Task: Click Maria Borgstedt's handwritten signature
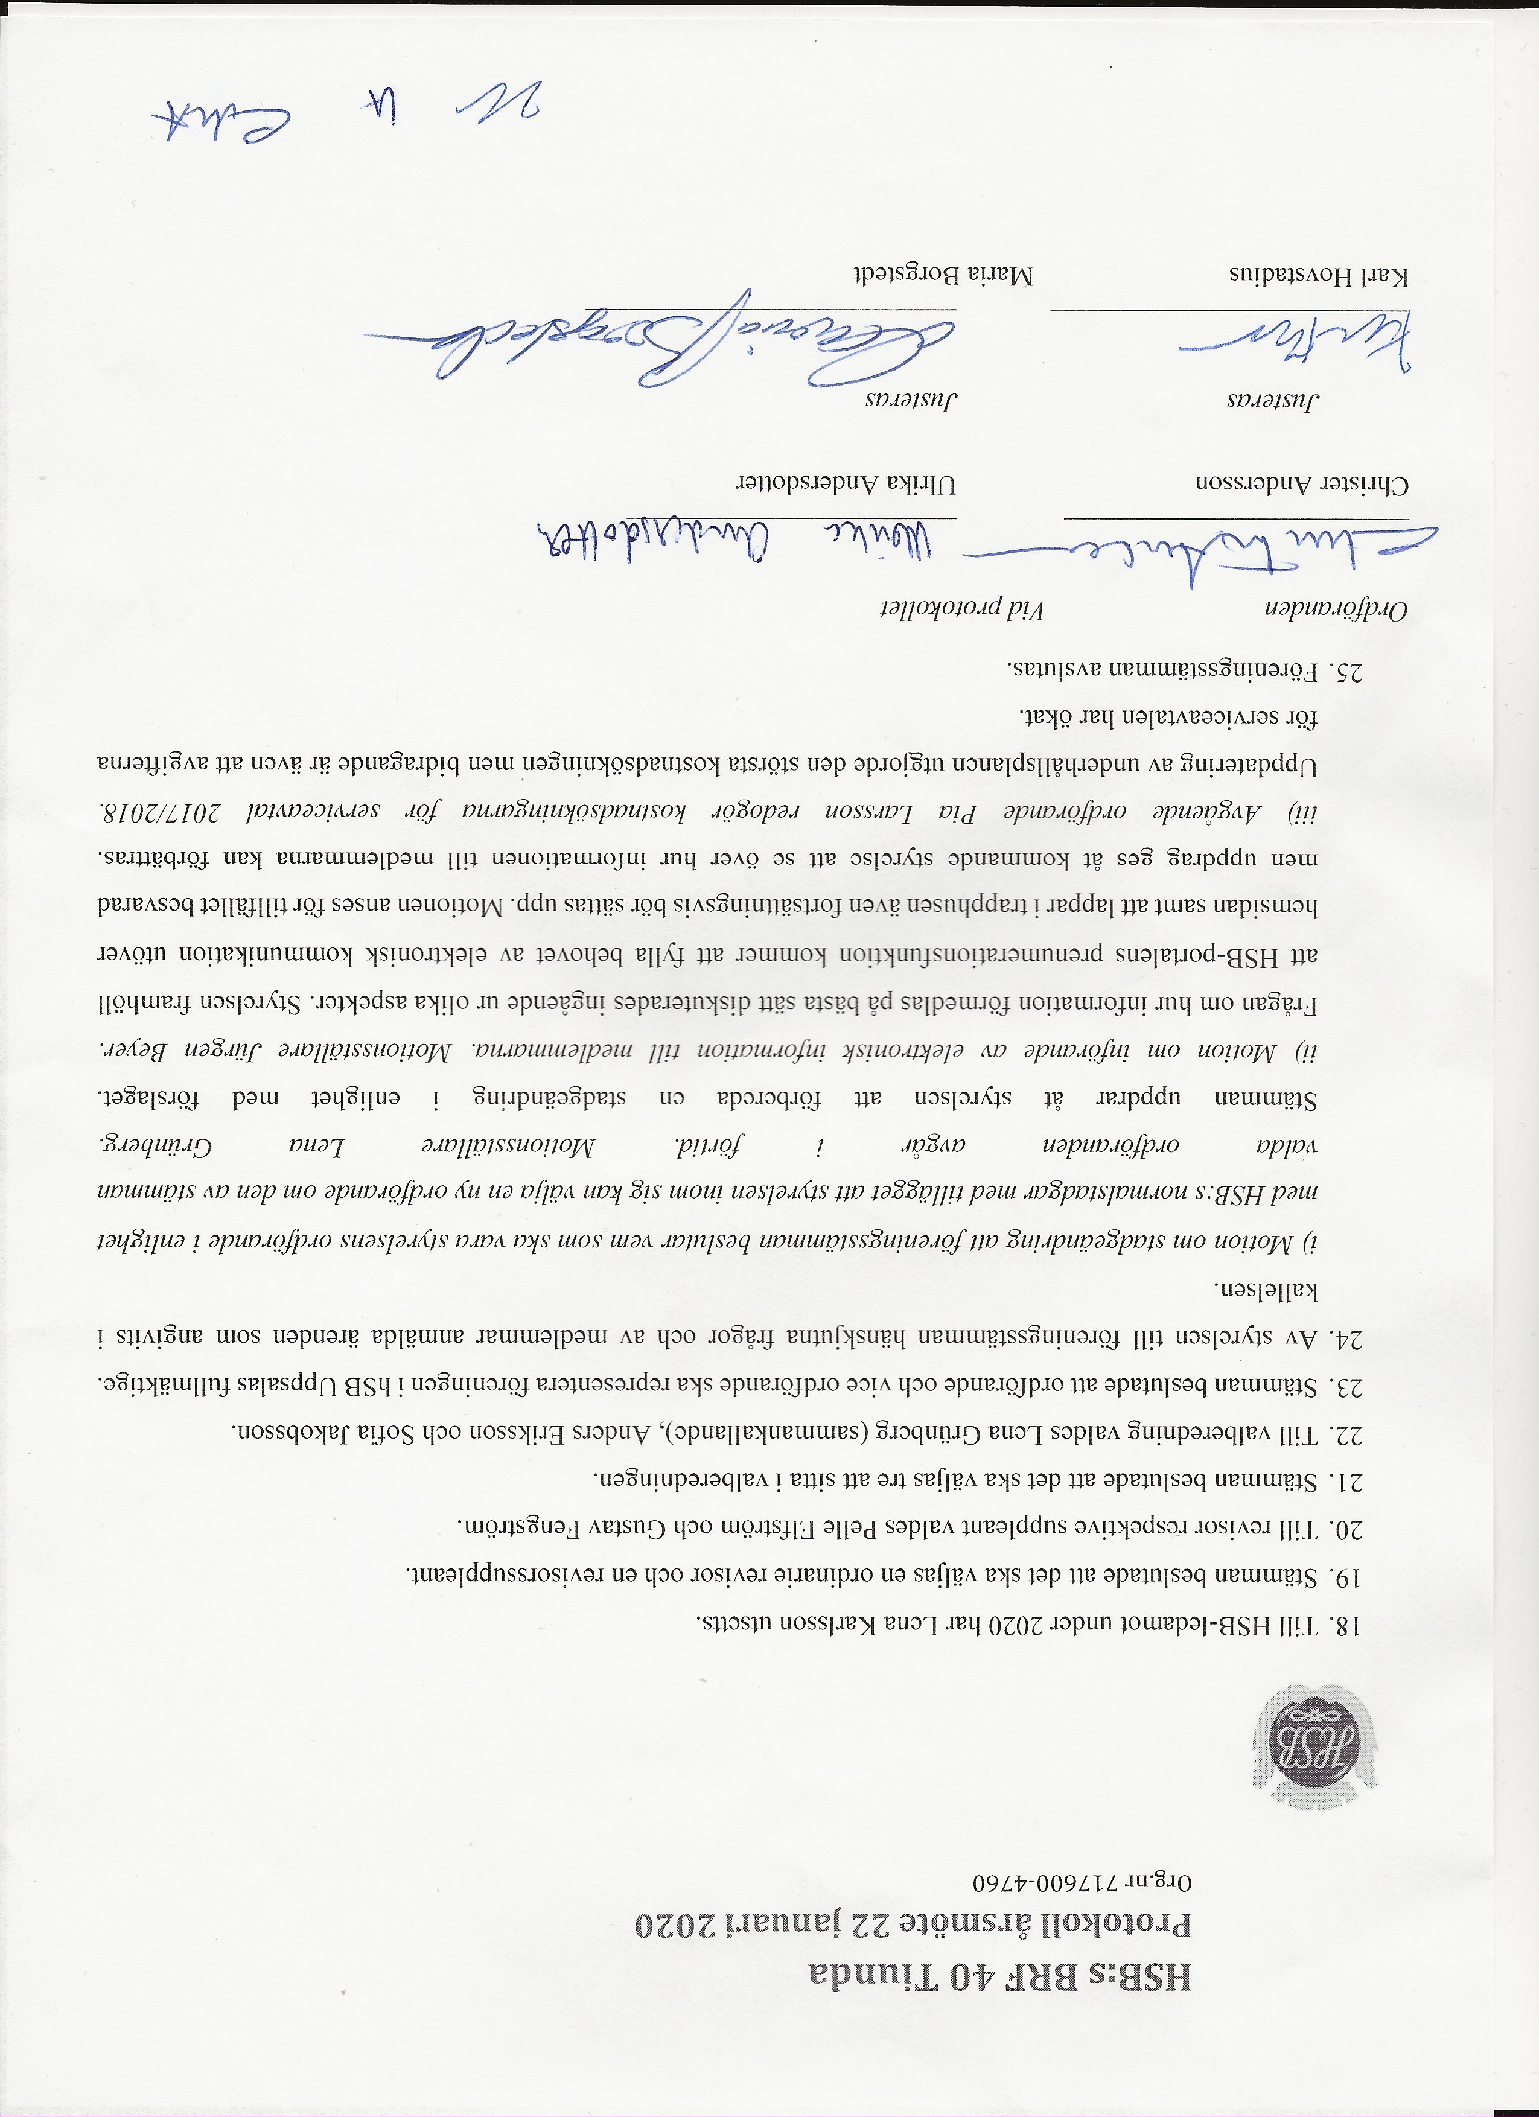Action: (x=653, y=355)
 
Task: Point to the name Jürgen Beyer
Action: (x=149, y=1049)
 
